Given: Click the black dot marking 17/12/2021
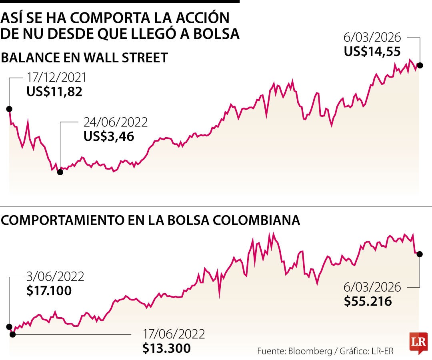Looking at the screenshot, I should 9,109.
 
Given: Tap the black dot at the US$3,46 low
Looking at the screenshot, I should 60,172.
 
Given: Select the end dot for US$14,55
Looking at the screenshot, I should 420,65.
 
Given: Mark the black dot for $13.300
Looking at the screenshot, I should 12,334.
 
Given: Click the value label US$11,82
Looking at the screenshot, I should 54,92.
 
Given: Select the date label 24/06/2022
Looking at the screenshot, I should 115,122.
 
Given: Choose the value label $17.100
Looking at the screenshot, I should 49,290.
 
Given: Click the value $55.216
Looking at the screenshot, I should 368,301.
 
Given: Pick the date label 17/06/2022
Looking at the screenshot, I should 174,334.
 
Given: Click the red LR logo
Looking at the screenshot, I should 418,343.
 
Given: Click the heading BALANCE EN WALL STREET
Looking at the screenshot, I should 84,58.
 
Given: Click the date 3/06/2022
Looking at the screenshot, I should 55,276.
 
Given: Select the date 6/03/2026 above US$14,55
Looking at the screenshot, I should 372,38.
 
